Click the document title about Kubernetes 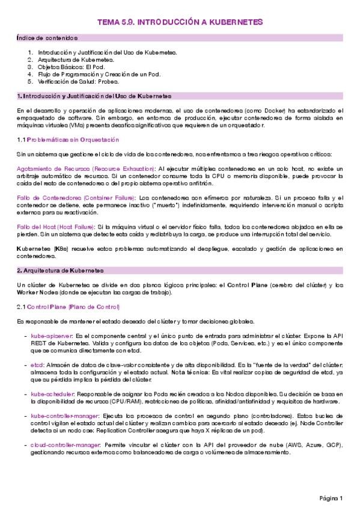tap(180, 22)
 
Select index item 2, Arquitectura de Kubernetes tap(75, 60)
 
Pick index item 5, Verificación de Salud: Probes tap(79, 81)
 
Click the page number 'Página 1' tap(331, 499)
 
